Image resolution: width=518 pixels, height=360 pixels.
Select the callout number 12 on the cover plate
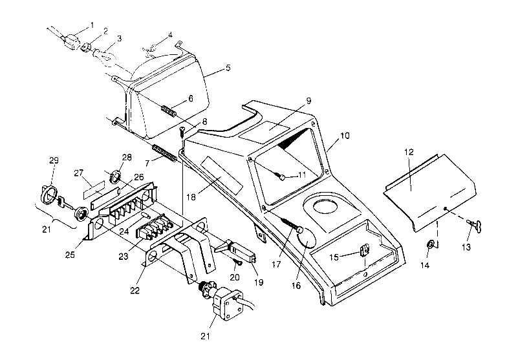click(409, 151)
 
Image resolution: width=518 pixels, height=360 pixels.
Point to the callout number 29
click(53, 160)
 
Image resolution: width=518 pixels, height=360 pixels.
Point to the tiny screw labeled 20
click(236, 264)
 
